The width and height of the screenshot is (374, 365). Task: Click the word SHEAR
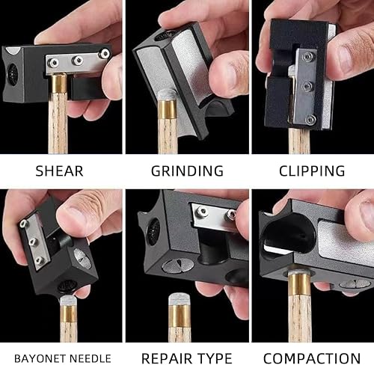coord(59,171)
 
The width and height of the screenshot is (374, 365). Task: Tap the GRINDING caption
coord(187,171)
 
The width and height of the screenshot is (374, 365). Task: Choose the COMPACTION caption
coord(312,359)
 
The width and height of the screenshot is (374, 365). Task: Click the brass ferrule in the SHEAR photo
coord(59,83)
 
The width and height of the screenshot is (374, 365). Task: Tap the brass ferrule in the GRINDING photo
coord(168,108)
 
